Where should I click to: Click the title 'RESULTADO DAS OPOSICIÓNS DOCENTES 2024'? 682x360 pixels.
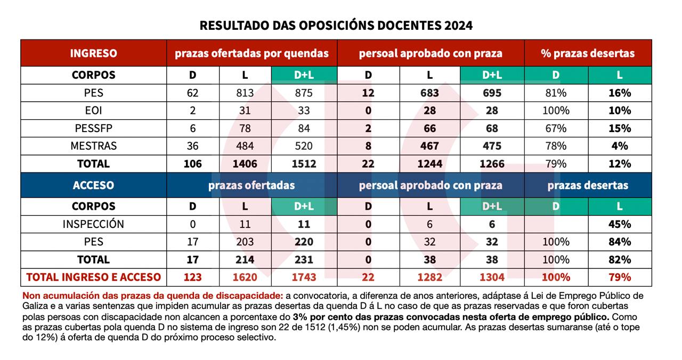[336, 25]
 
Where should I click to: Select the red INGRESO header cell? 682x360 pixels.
[94, 53]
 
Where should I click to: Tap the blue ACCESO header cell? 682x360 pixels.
[94, 185]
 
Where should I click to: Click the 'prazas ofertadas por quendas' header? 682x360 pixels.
[252, 53]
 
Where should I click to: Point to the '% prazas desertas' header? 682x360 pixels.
[588, 53]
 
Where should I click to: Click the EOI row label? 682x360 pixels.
[94, 111]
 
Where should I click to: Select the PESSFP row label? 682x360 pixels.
[94, 128]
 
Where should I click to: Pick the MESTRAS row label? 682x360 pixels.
[94, 146]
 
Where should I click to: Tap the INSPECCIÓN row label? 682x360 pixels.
[94, 224]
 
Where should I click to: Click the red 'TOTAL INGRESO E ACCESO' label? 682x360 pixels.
[94, 277]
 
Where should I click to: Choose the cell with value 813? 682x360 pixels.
[245, 93]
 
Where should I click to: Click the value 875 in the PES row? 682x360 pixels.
[304, 93]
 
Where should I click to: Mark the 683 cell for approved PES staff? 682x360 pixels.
[429, 93]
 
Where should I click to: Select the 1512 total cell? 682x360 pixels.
[304, 163]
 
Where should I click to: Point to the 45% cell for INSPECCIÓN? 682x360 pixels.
[620, 224]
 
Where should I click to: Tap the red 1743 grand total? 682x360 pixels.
[304, 277]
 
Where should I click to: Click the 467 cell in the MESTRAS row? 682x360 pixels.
[429, 146]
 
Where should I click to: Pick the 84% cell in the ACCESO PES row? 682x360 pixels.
[620, 242]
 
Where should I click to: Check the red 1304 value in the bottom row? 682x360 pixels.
[492, 277]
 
